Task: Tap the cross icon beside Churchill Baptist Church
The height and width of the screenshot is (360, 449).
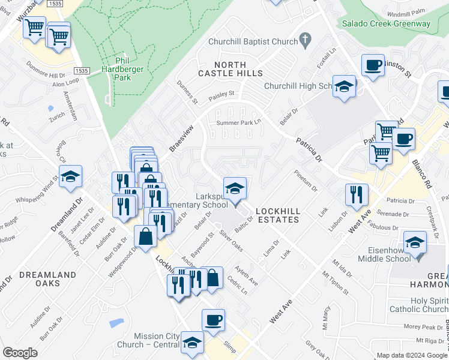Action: click(305, 41)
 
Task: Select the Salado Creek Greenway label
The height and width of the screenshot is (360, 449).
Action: click(386, 24)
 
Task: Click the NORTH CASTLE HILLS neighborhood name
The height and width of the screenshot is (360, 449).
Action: click(231, 68)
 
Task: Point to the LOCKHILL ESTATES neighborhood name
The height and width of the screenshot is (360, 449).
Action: click(277, 215)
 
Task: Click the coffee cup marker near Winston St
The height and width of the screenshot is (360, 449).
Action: click(373, 65)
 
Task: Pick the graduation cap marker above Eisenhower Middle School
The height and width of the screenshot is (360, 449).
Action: click(415, 242)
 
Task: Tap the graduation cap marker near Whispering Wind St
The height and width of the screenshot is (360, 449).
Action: click(70, 176)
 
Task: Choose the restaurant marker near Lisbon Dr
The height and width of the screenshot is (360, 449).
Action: click(357, 194)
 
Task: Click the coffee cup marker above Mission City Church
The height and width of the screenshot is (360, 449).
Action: click(213, 320)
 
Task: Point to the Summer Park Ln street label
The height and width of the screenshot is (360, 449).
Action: click(240, 123)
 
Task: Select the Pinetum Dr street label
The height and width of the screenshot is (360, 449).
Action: click(306, 181)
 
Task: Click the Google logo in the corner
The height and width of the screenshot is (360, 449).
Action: click(20, 352)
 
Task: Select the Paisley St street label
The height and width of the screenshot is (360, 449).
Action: click(221, 94)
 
